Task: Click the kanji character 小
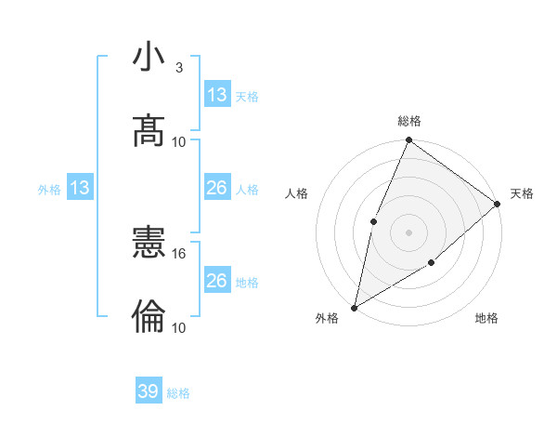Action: click(149, 58)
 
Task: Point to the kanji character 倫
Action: click(149, 317)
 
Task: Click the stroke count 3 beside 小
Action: click(178, 68)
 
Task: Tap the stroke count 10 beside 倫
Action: click(179, 327)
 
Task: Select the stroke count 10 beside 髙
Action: click(179, 141)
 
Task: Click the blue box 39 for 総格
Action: click(149, 391)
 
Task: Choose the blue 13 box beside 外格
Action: click(79, 189)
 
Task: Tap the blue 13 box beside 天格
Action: click(216, 95)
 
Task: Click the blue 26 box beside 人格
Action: click(216, 189)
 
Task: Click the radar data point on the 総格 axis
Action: click(408, 141)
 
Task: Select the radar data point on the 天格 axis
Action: click(498, 204)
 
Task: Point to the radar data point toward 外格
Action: click(354, 307)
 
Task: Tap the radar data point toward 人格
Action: click(373, 221)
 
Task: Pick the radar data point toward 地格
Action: click(432, 264)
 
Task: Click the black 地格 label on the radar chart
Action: click(486, 318)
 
